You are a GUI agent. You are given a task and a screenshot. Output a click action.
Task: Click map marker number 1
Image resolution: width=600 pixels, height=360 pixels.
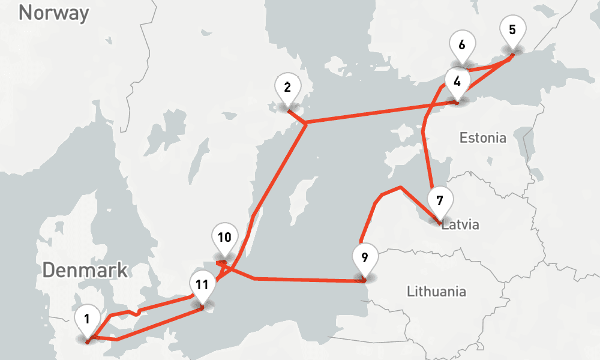coord(88,320)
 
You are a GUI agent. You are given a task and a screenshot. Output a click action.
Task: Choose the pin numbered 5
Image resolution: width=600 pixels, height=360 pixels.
coord(512,31)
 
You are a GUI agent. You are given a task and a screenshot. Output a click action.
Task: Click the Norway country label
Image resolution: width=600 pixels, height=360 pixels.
coord(53,13)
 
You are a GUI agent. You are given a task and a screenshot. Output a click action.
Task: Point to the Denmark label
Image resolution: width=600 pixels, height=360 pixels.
coord(85,270)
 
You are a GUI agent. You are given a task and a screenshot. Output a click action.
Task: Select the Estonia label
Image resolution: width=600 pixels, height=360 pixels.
coord(482,138)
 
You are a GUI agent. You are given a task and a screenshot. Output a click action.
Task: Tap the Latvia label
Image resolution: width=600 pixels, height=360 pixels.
coord(460,226)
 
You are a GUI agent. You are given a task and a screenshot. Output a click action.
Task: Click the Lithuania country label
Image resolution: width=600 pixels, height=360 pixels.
coord(436,292)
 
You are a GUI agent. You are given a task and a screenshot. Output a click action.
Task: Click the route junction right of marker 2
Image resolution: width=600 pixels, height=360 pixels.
coord(306,123)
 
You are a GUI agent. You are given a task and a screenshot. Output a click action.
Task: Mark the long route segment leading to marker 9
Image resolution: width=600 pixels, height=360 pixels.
coord(306,279)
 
